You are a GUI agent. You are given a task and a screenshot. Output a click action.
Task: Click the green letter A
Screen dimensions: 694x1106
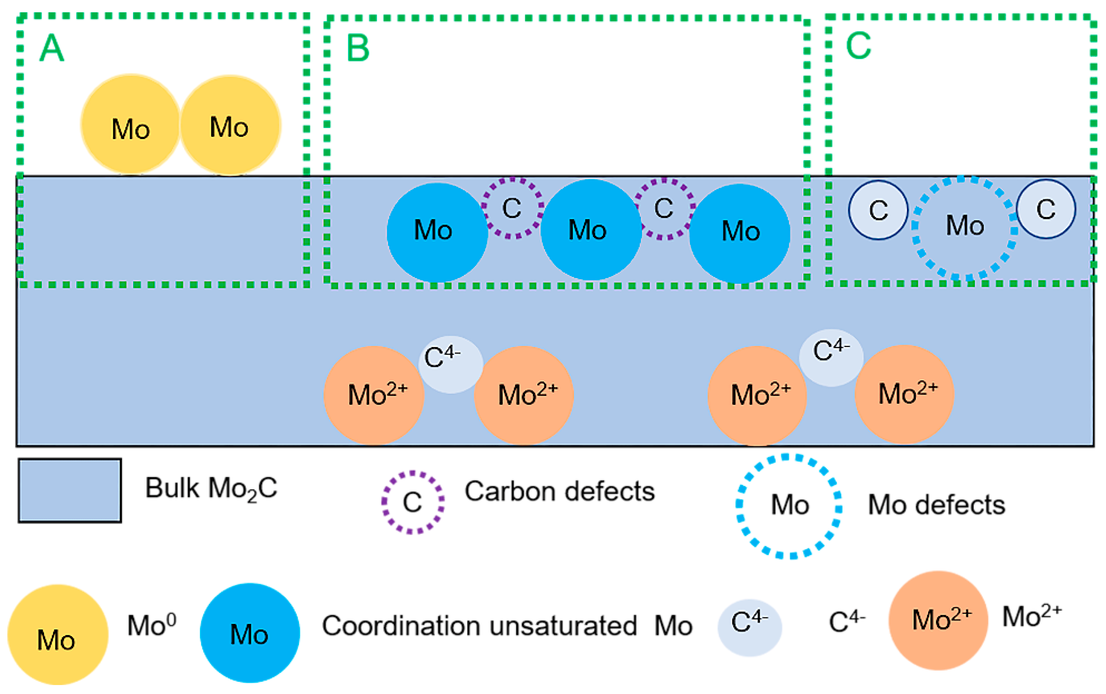tap(51, 48)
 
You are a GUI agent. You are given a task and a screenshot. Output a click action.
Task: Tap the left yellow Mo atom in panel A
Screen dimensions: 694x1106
tap(131, 125)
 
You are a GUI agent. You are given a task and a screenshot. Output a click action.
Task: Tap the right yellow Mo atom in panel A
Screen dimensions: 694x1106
tap(230, 125)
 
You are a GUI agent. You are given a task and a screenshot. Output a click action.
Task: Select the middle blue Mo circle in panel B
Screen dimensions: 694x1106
tap(590, 230)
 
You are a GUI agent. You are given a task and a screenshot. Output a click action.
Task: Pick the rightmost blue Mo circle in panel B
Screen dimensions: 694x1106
tap(739, 233)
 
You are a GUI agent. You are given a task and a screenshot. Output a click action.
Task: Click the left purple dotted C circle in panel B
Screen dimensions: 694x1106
tap(512, 209)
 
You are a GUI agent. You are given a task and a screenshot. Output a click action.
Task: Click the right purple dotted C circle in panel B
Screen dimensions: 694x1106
tap(664, 209)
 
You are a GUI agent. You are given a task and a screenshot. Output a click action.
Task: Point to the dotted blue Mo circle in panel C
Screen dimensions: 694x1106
tap(964, 228)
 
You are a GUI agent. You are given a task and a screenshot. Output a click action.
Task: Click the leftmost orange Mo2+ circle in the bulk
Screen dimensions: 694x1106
tap(374, 395)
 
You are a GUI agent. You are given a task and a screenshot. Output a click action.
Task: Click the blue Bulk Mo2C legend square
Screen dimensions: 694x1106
tap(70, 490)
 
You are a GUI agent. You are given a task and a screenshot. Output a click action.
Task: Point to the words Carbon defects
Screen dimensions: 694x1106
tap(559, 491)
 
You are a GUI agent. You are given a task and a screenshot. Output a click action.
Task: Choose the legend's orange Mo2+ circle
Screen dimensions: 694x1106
tap(938, 620)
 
